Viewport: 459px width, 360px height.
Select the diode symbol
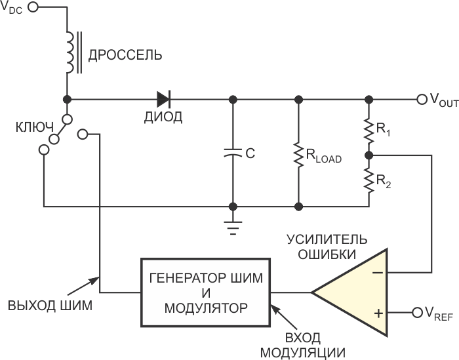coord(163,100)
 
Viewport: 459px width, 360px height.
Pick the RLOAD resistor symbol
coord(298,154)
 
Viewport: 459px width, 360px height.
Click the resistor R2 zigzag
coord(369,181)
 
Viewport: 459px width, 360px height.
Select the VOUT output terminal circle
coord(422,100)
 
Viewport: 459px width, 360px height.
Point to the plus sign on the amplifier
coord(378,313)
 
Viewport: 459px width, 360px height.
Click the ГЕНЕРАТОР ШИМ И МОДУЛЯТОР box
coord(205,292)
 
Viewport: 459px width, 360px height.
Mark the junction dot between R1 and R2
coord(369,156)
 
